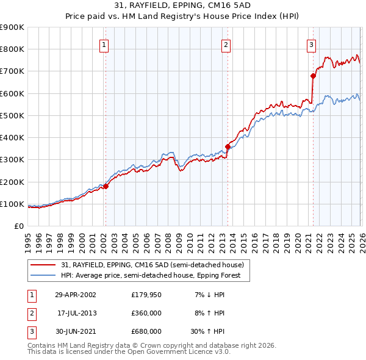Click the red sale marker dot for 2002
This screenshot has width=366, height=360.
click(x=106, y=186)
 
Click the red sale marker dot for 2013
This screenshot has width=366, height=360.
click(x=227, y=146)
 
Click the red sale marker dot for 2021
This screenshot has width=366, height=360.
click(x=313, y=76)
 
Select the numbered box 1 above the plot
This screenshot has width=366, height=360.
click(x=104, y=45)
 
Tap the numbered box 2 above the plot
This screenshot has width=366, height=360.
click(x=226, y=45)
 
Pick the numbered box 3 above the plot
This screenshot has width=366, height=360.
click(x=311, y=45)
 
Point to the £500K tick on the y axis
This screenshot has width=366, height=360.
click(x=12, y=115)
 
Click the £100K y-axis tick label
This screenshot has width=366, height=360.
click(x=12, y=204)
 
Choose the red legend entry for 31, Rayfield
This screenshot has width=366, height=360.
click(x=152, y=265)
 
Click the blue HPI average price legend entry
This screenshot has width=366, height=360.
click(x=151, y=275)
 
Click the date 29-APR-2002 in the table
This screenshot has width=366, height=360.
click(x=75, y=295)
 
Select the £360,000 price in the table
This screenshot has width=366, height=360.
click(x=146, y=313)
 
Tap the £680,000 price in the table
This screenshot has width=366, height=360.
click(x=146, y=331)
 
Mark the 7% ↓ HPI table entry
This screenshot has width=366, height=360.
click(x=210, y=295)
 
